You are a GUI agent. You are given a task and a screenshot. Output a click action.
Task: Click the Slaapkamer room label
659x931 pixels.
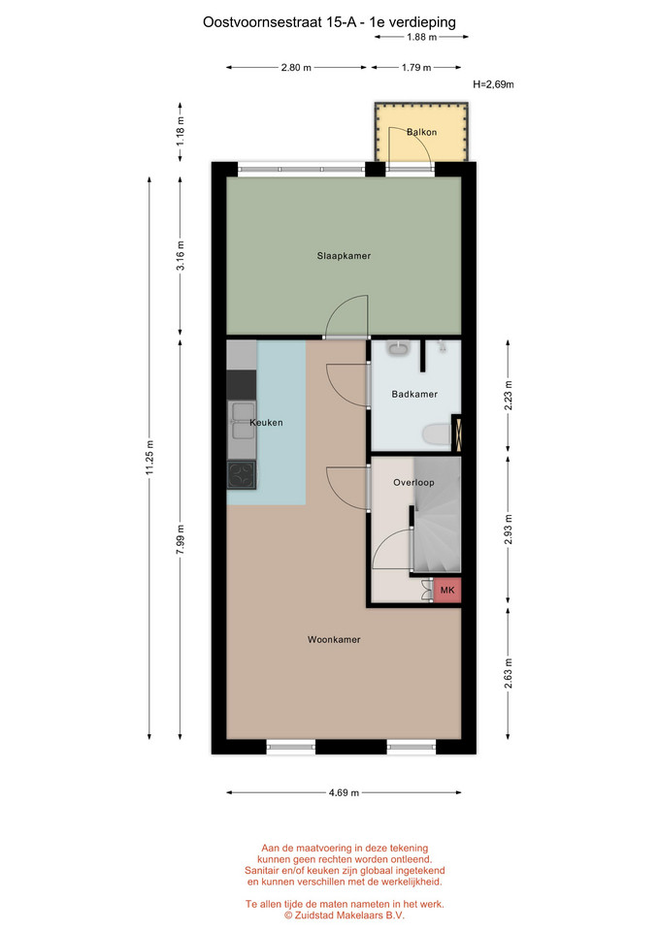(x=344, y=256)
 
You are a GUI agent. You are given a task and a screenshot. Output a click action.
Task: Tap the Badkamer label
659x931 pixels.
(x=414, y=394)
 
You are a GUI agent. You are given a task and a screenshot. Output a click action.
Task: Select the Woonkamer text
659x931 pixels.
(x=334, y=639)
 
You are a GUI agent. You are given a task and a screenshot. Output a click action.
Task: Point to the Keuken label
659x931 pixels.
(x=266, y=422)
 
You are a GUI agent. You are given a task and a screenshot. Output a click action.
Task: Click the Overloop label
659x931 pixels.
(x=413, y=482)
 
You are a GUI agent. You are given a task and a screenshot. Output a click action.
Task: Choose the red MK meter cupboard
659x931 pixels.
(x=447, y=591)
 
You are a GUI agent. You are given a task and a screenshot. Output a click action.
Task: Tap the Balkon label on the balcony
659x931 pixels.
(x=422, y=132)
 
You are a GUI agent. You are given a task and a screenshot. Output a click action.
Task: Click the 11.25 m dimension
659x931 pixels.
(x=149, y=457)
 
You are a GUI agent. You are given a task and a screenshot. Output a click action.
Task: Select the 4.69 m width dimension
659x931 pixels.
(x=345, y=792)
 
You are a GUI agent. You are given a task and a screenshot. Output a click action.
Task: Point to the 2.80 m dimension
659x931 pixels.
(x=297, y=67)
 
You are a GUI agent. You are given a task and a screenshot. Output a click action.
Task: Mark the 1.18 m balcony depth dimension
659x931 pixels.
(x=181, y=131)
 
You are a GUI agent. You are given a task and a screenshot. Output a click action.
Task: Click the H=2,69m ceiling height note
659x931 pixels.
(x=493, y=84)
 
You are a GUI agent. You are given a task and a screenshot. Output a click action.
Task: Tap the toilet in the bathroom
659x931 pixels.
(x=437, y=434)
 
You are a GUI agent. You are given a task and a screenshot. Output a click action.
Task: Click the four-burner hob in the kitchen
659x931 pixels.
(x=242, y=474)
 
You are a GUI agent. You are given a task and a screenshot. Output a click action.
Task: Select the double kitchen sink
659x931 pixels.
(x=242, y=421)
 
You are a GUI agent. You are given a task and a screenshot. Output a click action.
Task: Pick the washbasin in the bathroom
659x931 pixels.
(x=398, y=348)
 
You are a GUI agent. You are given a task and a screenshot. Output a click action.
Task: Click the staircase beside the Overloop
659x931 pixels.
(x=437, y=515)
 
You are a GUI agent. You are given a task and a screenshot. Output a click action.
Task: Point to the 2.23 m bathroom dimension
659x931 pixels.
(x=508, y=396)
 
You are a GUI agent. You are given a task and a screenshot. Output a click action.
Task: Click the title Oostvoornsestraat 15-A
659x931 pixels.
(x=280, y=22)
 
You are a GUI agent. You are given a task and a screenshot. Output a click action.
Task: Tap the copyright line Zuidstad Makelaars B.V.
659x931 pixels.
(x=345, y=915)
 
